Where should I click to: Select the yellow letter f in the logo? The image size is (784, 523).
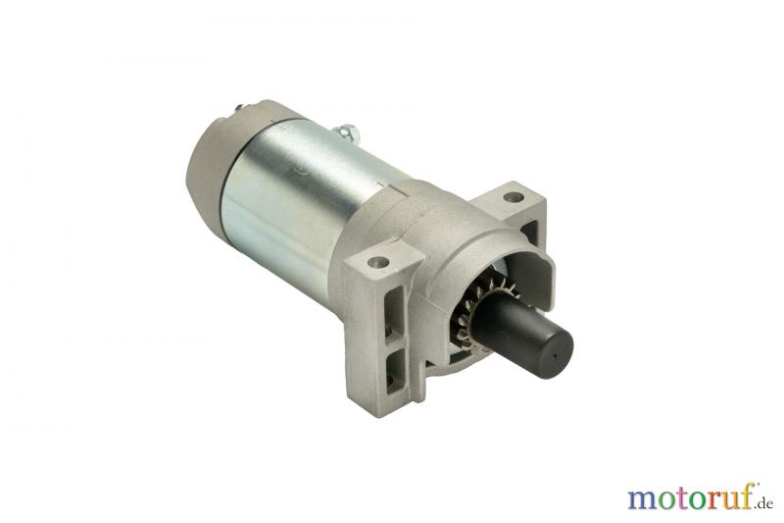(745, 496)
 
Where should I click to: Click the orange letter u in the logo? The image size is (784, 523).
(728, 499)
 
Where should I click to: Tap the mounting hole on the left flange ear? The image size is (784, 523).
(378, 261)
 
